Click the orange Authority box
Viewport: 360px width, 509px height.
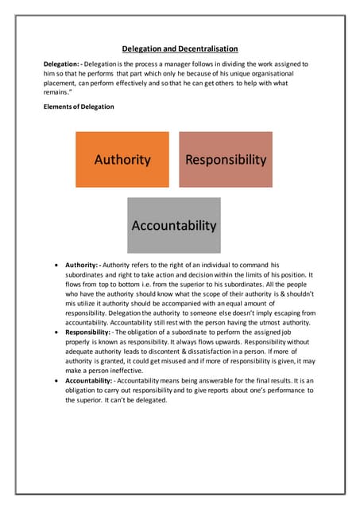click(122, 159)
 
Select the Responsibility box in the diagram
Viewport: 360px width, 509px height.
click(226, 159)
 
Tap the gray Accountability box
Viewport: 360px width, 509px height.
click(174, 225)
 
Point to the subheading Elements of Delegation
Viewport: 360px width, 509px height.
click(79, 107)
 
